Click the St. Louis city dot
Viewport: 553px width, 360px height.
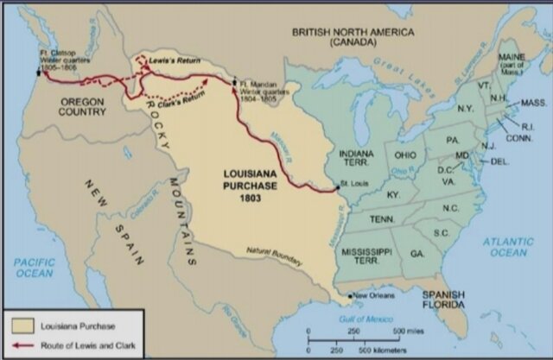337,189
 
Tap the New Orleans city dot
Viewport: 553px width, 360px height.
350,296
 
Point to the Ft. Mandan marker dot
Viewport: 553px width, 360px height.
234,83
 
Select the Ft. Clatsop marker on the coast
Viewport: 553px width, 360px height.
38,73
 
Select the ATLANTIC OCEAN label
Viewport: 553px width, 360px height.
510,246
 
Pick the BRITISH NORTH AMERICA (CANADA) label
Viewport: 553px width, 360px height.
353,37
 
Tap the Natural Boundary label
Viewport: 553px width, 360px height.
274,256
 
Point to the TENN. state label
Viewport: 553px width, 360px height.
384,219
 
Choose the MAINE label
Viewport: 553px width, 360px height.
512,58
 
